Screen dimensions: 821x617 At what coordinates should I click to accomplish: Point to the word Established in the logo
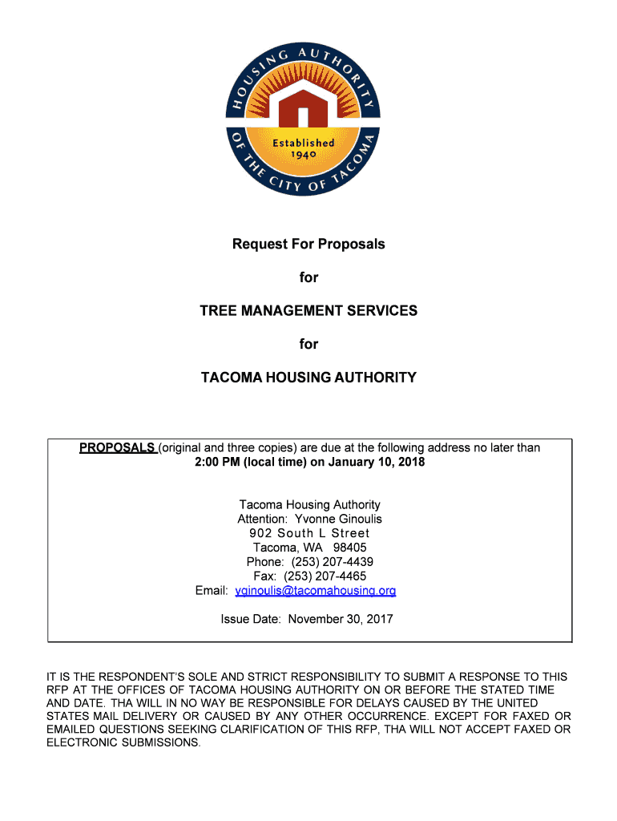pos(304,142)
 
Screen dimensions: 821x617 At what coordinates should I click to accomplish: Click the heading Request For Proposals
pos(308,244)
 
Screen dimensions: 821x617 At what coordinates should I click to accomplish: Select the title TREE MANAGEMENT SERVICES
pos(308,310)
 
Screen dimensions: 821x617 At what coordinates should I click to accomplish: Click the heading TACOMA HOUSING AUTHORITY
pos(308,377)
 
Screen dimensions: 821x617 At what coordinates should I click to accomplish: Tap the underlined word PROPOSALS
pos(117,447)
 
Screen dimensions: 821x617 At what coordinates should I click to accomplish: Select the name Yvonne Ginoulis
pos(339,519)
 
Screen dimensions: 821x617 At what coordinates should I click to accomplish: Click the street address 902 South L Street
pos(308,533)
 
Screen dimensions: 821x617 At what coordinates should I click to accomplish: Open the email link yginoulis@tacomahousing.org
pos(315,591)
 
